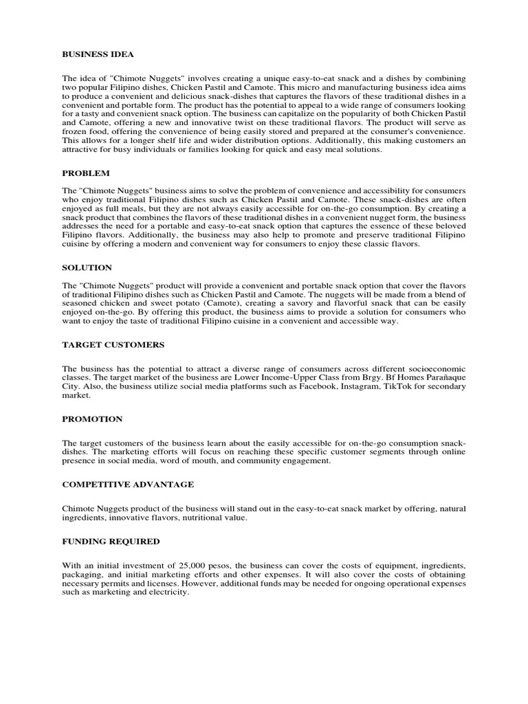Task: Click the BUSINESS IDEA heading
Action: [98, 54]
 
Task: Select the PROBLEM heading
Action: [86, 173]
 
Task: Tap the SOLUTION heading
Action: [87, 267]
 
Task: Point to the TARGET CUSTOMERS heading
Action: [113, 344]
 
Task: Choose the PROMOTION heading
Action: [93, 419]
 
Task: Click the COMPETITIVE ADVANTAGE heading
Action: [128, 484]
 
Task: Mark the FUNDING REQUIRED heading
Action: [111, 541]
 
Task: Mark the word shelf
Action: [153, 140]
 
